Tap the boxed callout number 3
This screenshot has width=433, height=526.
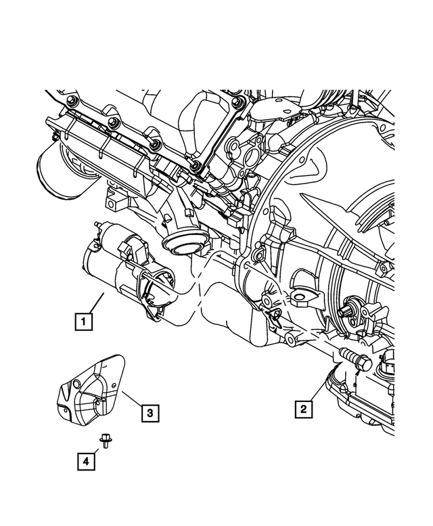pos(150,411)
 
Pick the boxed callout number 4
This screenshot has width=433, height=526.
pos(86,462)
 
